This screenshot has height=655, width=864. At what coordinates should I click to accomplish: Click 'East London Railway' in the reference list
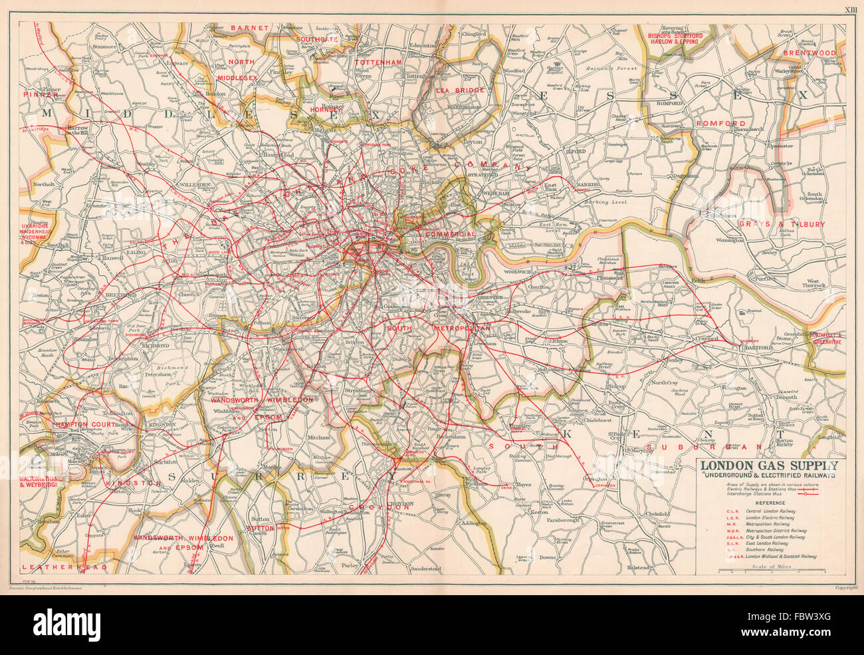tap(762, 543)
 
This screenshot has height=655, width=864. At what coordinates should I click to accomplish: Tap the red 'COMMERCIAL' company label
tap(451, 235)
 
